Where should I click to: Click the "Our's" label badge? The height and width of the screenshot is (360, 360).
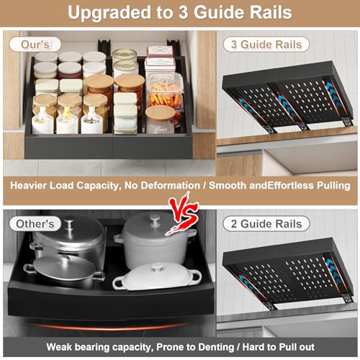tap(35, 45)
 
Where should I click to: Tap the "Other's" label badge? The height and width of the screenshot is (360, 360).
tap(35, 224)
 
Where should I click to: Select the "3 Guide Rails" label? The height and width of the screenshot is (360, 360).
tap(266, 45)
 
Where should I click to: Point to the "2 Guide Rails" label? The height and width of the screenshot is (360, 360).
tap(266, 224)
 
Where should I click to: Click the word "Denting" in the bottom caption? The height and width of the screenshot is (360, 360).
tap(216, 347)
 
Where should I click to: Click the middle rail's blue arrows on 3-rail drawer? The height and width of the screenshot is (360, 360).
tap(283, 104)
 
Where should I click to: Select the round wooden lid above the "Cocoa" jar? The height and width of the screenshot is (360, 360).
tap(160, 112)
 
